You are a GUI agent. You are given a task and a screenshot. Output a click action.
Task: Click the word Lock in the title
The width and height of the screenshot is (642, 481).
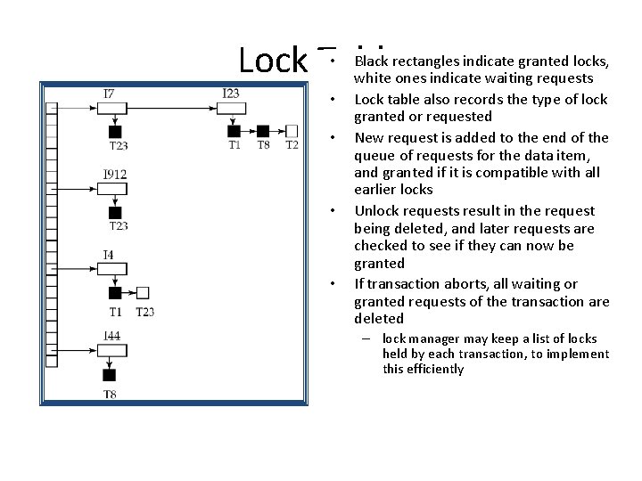(x=273, y=60)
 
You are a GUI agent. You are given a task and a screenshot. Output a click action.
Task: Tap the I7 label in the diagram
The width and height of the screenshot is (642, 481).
(x=109, y=93)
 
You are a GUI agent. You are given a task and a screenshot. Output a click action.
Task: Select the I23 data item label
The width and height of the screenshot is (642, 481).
(x=230, y=93)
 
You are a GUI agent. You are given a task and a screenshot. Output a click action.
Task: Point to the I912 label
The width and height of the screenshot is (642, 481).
(x=114, y=174)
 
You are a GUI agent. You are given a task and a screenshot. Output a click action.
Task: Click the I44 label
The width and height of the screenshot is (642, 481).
(x=111, y=335)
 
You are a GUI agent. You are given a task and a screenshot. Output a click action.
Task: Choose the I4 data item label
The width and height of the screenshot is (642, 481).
(x=108, y=255)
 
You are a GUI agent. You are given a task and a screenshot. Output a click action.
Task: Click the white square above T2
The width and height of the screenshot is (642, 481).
(x=292, y=131)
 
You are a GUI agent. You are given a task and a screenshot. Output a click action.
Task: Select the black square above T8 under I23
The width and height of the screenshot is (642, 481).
(x=263, y=131)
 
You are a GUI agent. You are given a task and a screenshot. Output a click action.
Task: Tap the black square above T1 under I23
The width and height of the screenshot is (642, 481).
(x=235, y=131)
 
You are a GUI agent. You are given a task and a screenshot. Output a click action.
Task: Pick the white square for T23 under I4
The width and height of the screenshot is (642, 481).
(x=144, y=292)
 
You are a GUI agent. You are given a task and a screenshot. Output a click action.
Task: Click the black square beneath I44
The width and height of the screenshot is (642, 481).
(x=109, y=375)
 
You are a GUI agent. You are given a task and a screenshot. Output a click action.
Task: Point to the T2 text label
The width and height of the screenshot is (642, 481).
(x=292, y=145)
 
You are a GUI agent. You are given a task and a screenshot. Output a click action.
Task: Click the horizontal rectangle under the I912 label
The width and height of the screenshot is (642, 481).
(x=112, y=189)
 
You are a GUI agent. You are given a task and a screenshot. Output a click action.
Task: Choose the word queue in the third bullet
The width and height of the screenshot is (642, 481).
(x=374, y=155)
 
